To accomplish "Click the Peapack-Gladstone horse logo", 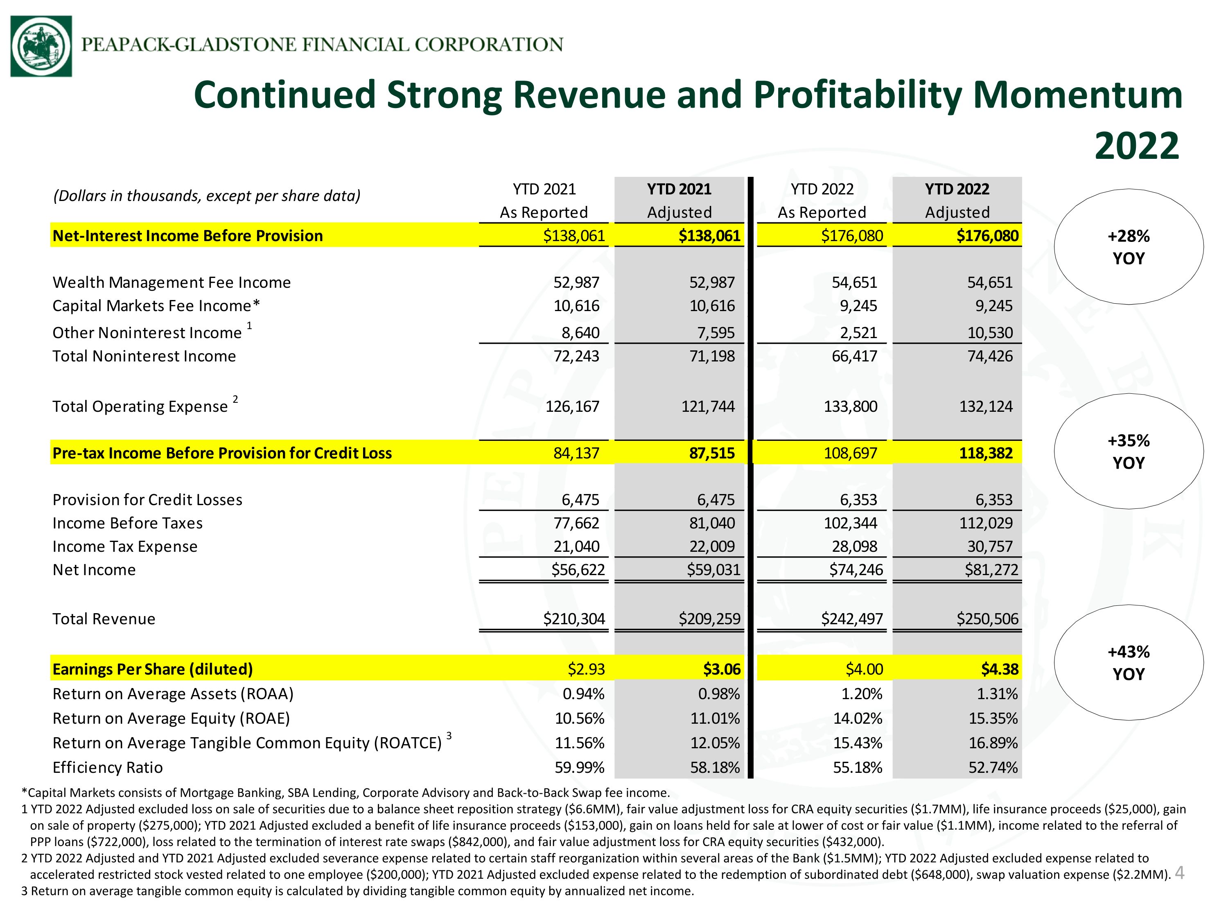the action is [41, 46].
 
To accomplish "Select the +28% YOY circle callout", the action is [1129, 247].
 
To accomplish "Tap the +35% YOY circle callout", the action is [1129, 451].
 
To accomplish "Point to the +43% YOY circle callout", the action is [1129, 662].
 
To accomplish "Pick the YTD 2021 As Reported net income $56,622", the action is [578, 570].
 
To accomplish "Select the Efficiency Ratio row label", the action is [108, 767].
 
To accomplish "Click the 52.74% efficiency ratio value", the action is [993, 767].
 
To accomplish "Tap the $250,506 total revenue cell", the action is [988, 619].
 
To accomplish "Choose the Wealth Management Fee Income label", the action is [172, 282].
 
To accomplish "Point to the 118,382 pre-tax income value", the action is [986, 453].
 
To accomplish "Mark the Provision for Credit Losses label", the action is [148, 500].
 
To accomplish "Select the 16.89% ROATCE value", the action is [993, 743].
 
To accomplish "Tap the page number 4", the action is [1180, 873].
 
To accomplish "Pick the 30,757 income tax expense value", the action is [990, 546].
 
